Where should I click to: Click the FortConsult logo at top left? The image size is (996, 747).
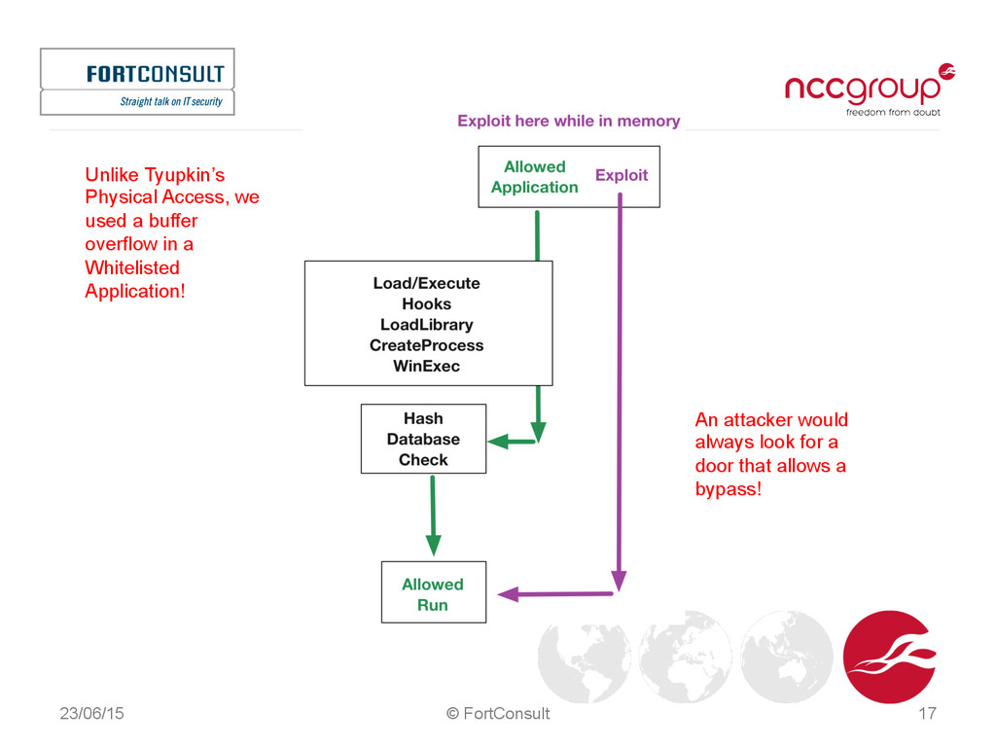coord(137,81)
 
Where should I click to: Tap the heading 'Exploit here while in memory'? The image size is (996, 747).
coord(569,122)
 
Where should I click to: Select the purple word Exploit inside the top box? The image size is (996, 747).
coord(622,175)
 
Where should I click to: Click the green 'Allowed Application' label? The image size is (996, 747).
coord(534,177)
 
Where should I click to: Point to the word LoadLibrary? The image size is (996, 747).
coord(427,325)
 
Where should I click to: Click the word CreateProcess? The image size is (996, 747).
coord(427,345)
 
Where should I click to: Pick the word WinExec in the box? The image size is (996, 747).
coord(427,367)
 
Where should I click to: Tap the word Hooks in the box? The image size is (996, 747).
coord(427,304)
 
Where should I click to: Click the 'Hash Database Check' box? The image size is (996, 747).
coord(423,439)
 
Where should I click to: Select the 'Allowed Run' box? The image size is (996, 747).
coord(433,594)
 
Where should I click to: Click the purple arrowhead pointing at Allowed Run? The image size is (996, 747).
coord(507,593)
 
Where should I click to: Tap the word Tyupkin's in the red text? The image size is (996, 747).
coord(185,176)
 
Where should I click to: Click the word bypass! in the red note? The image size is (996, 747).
coord(728,488)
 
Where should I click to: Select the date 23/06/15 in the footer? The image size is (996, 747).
coord(91,714)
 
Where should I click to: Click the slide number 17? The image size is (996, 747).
coord(927,714)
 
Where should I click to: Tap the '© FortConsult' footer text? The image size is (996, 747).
coord(497,714)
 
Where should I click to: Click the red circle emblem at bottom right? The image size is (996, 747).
coord(889,657)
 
